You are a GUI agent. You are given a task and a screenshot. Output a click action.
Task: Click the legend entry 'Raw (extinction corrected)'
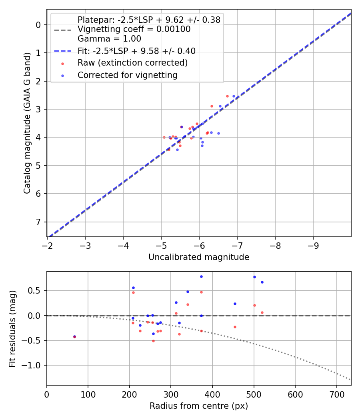click(132, 63)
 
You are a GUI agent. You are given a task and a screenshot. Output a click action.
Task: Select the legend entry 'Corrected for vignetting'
click(128, 75)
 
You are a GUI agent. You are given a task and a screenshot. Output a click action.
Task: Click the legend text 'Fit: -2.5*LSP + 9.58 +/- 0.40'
click(136, 51)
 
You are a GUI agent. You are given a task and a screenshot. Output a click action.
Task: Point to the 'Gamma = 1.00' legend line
click(109, 39)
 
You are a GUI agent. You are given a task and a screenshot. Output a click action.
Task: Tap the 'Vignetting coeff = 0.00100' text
click(134, 29)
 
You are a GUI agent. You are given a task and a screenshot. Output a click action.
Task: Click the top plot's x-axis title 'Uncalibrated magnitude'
click(199, 257)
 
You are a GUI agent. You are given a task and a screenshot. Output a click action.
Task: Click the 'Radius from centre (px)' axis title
click(199, 406)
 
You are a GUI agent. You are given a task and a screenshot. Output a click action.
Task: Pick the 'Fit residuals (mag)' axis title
click(12, 328)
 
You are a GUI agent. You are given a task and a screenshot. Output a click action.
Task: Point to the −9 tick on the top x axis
click(313, 245)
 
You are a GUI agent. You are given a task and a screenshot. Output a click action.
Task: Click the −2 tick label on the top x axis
click(47, 245)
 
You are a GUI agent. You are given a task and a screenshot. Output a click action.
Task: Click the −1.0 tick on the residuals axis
click(35, 365)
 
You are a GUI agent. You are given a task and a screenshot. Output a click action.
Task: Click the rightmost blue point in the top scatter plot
click(234, 96)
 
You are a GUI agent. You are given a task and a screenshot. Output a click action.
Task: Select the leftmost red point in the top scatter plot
click(164, 137)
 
